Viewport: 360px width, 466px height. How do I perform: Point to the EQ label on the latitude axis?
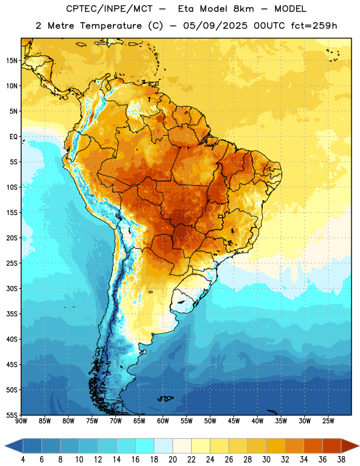13,137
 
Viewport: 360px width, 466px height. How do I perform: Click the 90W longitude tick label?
21,421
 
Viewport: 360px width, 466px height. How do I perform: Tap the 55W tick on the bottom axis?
186,421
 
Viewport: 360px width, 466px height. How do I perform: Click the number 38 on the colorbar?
341,460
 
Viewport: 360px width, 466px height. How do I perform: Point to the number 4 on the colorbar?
23,460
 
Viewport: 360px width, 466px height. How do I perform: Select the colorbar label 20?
172,460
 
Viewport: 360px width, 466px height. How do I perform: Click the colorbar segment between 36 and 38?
332,446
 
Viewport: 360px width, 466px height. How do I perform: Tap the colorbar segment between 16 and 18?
144,446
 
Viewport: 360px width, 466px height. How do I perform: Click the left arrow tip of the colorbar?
5,446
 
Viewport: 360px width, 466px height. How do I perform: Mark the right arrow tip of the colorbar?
359,446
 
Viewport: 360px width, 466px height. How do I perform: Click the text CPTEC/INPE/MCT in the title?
109,9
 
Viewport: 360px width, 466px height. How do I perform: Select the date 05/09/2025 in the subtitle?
215,26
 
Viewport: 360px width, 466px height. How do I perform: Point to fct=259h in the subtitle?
314,26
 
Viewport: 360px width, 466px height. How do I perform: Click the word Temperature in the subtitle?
111,26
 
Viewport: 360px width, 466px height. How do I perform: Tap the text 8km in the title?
243,9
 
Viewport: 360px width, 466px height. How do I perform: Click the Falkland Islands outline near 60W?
165,398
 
